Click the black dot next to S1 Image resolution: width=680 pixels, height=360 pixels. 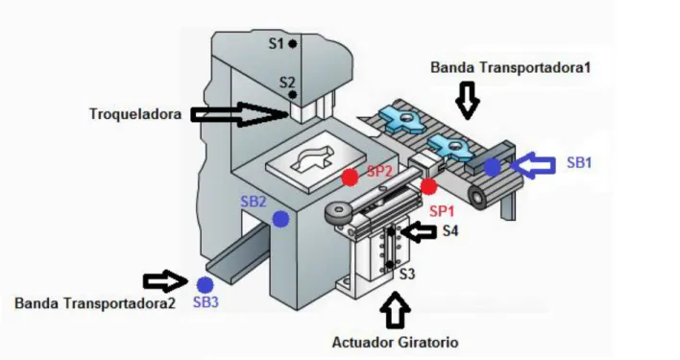click(293, 44)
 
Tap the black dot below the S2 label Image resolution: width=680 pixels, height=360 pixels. click(293, 94)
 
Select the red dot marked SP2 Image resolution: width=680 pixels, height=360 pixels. click(350, 178)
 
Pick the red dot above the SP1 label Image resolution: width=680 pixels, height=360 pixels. click(428, 186)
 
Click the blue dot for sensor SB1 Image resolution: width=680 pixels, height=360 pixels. click(492, 167)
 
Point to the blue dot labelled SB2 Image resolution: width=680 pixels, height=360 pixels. click(281, 219)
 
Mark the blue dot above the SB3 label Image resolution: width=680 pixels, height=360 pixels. click(205, 285)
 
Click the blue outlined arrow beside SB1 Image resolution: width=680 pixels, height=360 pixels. click(532, 165)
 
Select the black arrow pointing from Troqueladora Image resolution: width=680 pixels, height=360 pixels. click(240, 115)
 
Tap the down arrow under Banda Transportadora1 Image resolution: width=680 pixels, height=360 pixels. click(467, 101)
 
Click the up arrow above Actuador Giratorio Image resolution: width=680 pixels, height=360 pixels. click(395, 310)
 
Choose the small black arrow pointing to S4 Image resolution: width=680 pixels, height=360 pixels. click(419, 232)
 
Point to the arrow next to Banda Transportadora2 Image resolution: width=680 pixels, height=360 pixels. click(165, 281)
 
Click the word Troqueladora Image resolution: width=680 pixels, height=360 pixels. click(135, 114)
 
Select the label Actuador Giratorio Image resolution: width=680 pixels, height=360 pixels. click(395, 343)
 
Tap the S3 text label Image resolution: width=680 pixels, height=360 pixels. click(407, 274)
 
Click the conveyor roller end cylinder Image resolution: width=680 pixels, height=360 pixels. click(478, 197)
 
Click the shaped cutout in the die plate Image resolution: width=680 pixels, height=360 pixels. click(313, 159)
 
